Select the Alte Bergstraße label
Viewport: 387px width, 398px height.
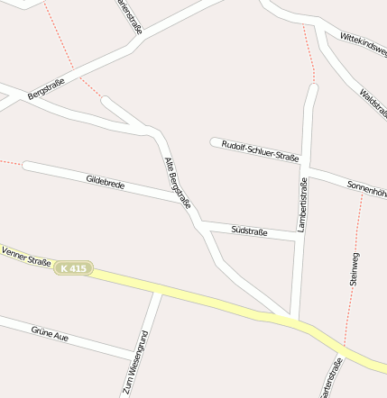tap(178, 184)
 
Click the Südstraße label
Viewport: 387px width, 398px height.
tap(249, 231)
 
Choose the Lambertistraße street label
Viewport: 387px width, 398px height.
tap(303, 205)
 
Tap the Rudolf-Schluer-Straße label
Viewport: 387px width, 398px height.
tap(261, 150)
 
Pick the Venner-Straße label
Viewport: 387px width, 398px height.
tap(25, 256)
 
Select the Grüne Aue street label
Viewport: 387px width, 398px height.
tap(50, 334)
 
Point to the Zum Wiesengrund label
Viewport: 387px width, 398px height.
tap(136, 364)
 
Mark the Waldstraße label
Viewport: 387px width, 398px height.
tap(373, 104)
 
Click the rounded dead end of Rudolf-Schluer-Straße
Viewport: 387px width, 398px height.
tap(216, 142)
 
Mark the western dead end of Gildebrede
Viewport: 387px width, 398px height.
tap(28, 166)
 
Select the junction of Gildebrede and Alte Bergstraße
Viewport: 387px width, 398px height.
tap(185, 203)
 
